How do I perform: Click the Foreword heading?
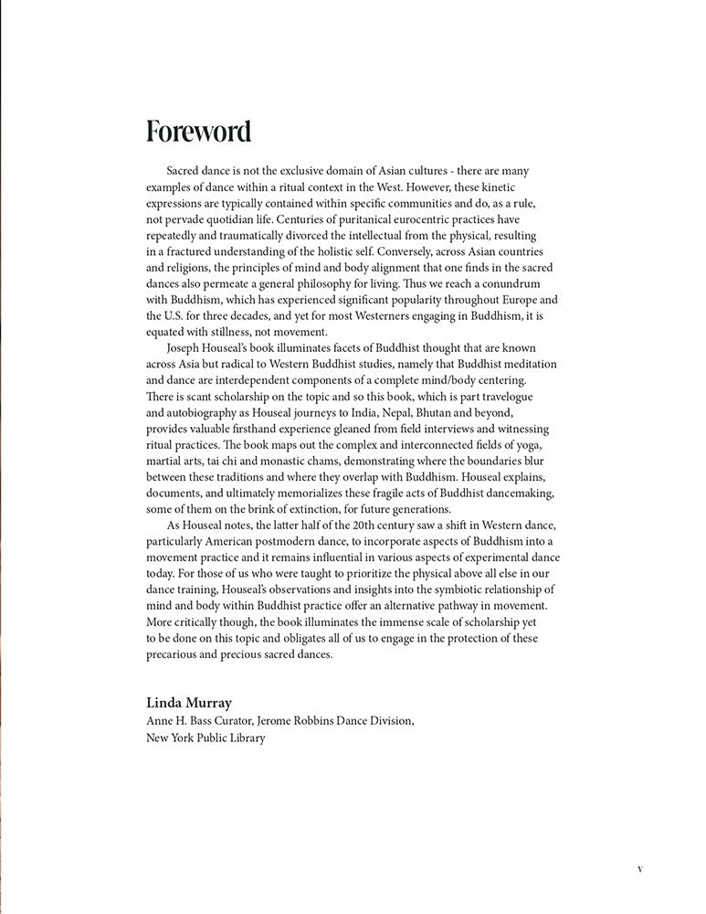[x=198, y=132]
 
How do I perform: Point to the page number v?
[x=639, y=868]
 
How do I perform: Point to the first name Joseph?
[x=187, y=348]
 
